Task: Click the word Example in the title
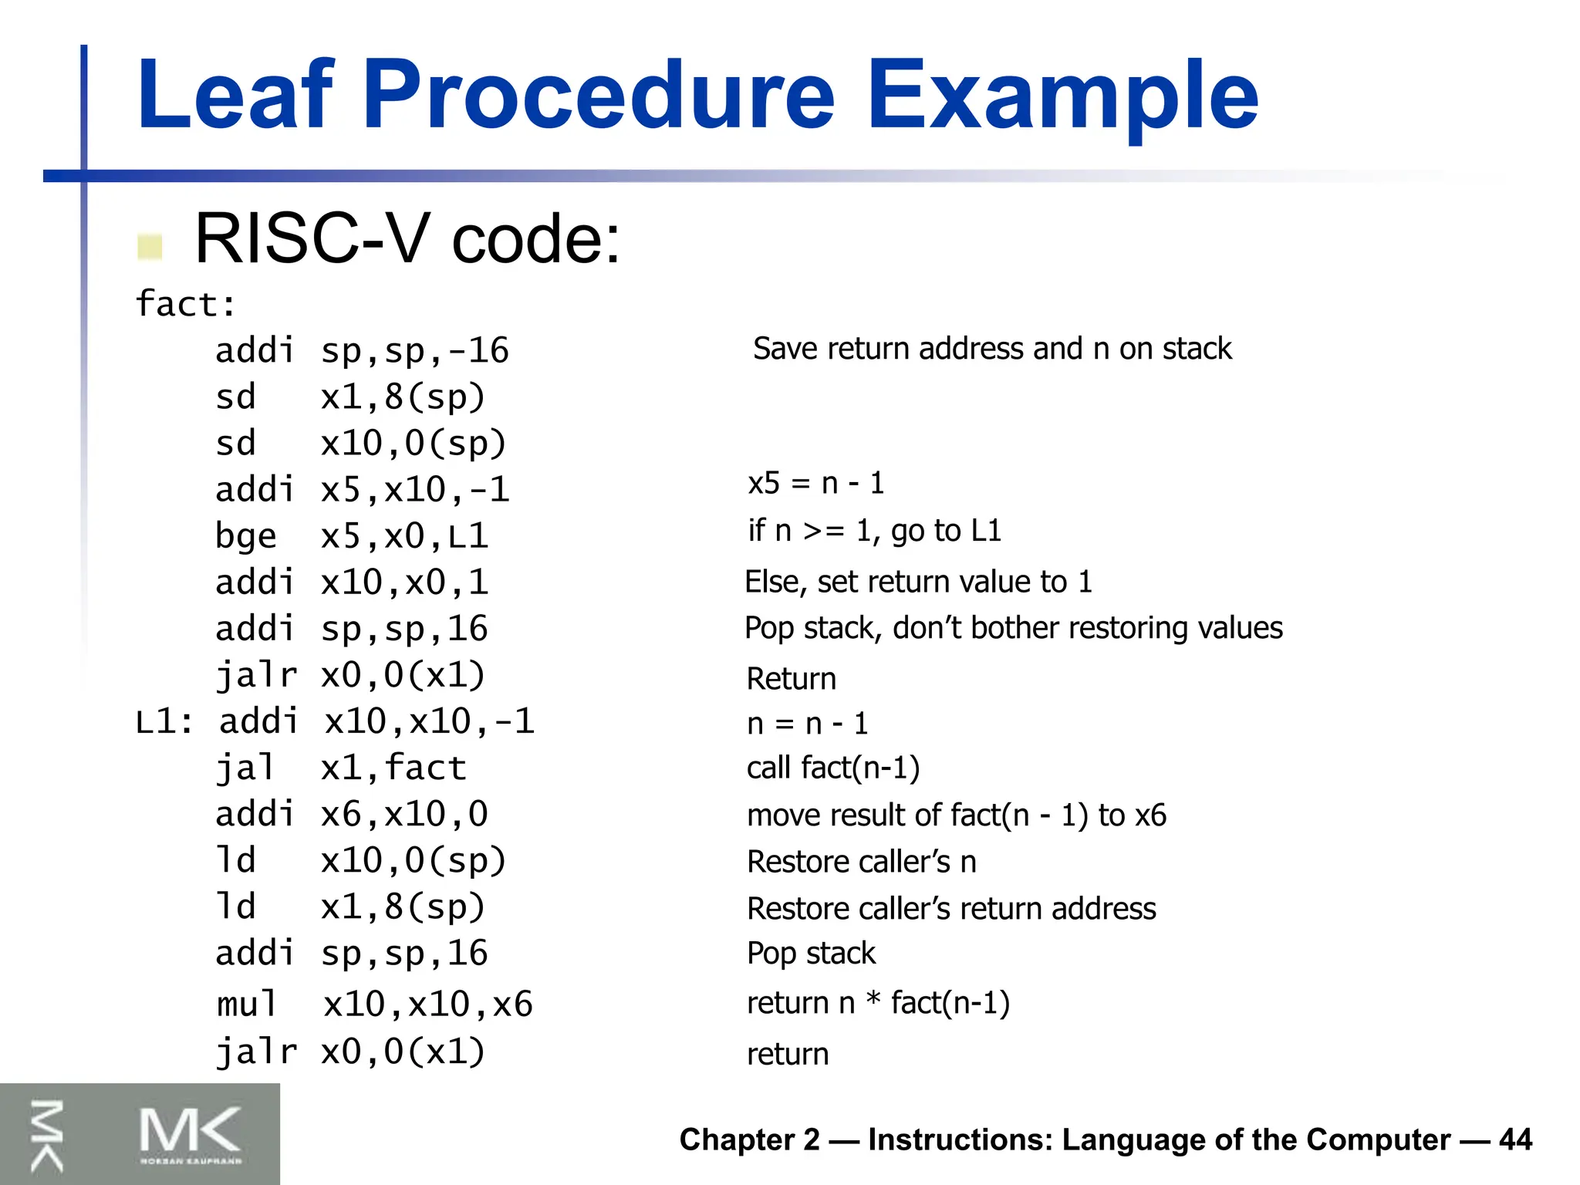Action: click(1062, 96)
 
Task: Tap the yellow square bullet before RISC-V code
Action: click(150, 247)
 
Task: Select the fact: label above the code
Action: click(185, 304)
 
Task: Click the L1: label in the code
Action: click(164, 722)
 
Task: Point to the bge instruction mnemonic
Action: click(245, 536)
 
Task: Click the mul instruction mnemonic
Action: click(246, 1004)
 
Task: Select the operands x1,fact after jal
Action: click(393, 768)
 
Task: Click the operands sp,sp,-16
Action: click(414, 351)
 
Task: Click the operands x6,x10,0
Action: click(404, 815)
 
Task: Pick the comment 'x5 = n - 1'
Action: click(815, 484)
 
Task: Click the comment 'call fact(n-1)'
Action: click(833, 768)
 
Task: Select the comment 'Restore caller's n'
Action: click(861, 862)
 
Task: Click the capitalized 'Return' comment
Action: click(791, 679)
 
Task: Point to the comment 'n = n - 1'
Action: click(807, 724)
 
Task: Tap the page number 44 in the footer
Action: click(1515, 1139)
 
